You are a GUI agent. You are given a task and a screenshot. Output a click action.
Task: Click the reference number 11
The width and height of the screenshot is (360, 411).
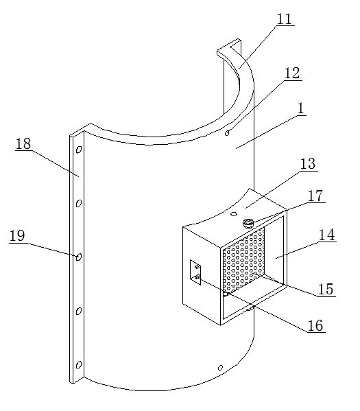click(x=285, y=19)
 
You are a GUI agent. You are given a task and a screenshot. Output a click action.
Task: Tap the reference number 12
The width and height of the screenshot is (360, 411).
click(x=292, y=73)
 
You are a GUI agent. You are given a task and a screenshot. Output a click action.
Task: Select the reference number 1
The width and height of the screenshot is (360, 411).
click(x=301, y=108)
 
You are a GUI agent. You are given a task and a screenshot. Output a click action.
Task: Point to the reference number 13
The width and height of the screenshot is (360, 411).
click(x=308, y=164)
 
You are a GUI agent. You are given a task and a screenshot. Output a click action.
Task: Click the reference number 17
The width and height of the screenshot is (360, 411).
click(x=315, y=196)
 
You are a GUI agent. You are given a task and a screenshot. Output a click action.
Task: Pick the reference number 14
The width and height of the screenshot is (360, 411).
click(x=326, y=235)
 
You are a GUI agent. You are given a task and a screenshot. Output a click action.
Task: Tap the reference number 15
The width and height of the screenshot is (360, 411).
click(x=326, y=290)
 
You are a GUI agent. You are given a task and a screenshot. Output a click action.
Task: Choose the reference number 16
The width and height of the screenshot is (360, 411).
click(x=315, y=326)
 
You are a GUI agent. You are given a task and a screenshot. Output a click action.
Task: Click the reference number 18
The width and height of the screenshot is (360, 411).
click(x=23, y=144)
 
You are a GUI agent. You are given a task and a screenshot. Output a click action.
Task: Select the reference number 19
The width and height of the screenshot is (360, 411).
click(x=17, y=235)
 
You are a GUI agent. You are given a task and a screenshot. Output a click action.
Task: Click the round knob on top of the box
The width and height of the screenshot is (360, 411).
click(x=248, y=223)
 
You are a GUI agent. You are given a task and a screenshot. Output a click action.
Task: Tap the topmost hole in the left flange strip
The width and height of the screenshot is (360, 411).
click(x=79, y=150)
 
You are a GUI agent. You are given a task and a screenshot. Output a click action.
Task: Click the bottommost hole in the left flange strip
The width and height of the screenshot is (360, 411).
click(x=79, y=364)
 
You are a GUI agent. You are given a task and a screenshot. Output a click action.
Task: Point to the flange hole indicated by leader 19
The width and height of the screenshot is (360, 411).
click(x=79, y=257)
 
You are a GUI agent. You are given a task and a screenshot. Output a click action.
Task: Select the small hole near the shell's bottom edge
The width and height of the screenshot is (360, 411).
click(x=220, y=368)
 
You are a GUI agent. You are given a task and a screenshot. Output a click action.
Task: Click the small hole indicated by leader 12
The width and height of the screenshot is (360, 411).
click(x=227, y=133)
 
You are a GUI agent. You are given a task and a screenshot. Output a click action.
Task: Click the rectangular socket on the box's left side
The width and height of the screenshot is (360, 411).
click(x=195, y=272)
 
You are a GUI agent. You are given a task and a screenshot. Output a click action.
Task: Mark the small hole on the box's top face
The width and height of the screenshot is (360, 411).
click(x=234, y=214)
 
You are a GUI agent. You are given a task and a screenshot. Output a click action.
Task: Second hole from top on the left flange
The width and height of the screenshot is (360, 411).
click(x=79, y=203)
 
